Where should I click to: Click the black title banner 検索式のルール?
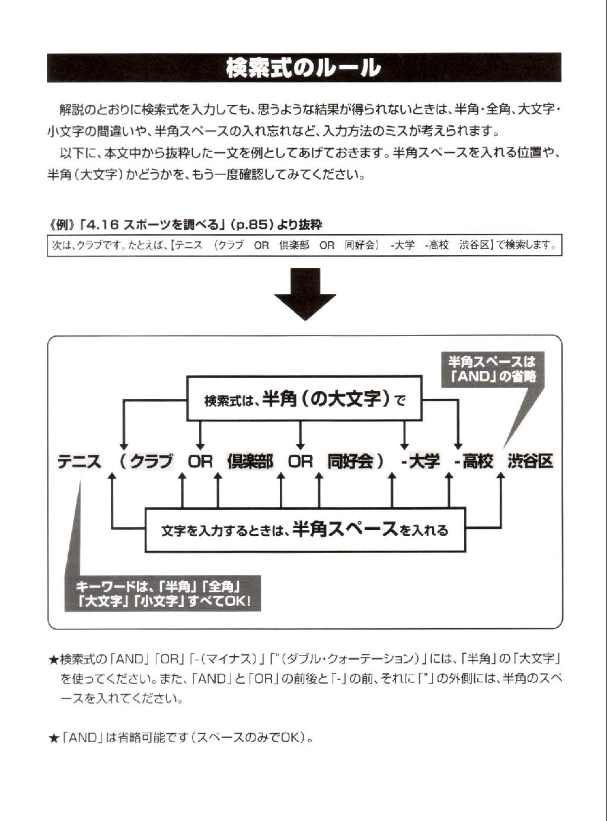304,68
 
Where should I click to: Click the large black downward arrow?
305,294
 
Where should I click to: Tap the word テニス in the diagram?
79,462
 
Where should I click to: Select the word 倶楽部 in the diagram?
251,462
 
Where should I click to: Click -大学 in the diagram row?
420,462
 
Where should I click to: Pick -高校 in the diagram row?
474,462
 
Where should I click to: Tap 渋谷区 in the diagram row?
531,462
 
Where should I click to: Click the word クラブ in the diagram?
152,462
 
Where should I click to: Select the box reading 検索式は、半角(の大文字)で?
304,399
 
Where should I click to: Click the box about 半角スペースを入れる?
305,531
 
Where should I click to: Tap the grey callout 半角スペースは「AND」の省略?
492,369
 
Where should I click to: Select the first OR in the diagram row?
200,462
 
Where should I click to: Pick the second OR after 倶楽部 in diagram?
300,462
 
